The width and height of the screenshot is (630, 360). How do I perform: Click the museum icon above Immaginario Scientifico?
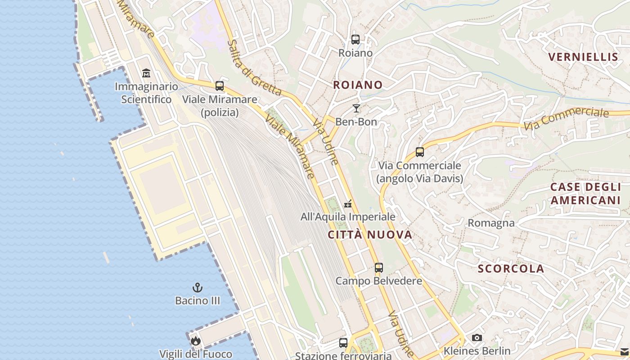146,73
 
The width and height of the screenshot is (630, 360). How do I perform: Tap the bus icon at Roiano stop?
355,40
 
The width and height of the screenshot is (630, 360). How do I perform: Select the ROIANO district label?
358,85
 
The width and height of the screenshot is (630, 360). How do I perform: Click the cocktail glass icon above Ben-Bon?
356,108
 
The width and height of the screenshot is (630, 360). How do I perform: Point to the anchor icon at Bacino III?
197,287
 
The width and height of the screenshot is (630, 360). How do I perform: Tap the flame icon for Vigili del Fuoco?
195,341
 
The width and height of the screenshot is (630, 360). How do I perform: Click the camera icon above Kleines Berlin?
477,337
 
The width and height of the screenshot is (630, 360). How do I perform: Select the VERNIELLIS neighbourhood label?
583,57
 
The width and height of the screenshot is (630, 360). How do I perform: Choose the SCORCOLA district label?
511,269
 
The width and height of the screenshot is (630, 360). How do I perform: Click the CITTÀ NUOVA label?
370,234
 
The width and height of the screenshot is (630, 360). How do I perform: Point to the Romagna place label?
491,223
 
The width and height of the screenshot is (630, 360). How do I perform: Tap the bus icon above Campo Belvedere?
379,268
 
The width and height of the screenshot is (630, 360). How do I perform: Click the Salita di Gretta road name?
254,68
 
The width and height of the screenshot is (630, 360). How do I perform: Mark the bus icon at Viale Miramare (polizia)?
220,86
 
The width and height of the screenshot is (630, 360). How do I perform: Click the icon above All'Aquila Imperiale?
348,204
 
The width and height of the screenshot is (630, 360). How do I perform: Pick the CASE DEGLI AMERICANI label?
585,193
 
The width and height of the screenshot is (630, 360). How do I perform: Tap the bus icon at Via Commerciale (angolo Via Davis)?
420,152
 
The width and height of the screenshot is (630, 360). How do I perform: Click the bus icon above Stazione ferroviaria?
343,343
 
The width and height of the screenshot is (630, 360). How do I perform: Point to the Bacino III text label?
198,301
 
